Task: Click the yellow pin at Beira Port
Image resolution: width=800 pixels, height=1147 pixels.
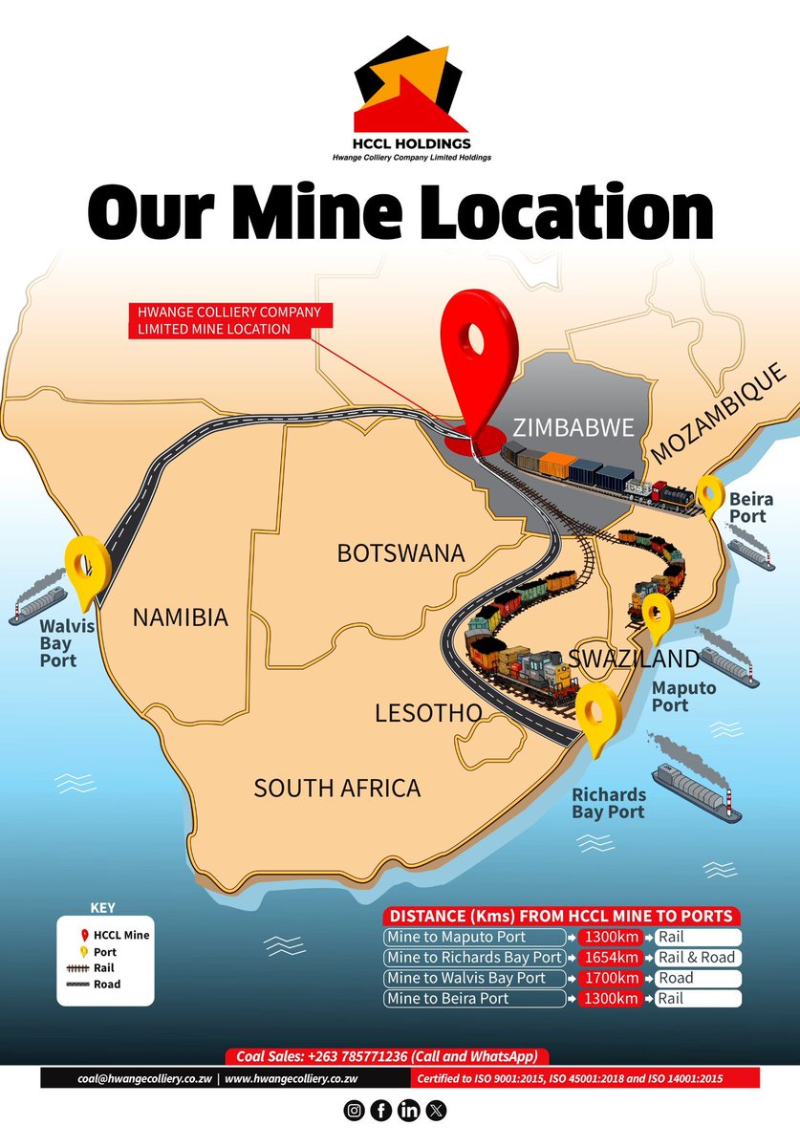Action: [x=710, y=495]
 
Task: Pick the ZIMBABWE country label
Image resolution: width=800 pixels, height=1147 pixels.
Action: [x=573, y=427]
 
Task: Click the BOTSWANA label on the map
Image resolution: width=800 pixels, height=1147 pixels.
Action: [x=400, y=553]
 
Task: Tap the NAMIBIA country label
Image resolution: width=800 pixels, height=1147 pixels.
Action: [x=180, y=617]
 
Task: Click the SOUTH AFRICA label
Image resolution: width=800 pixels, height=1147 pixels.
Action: [x=336, y=788]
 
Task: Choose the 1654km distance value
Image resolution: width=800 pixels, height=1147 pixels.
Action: [x=611, y=958]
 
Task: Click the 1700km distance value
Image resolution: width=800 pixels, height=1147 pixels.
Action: [x=611, y=978]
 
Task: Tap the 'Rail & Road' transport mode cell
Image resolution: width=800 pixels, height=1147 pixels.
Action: [x=697, y=958]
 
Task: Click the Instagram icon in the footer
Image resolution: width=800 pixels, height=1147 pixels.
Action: [x=354, y=1111]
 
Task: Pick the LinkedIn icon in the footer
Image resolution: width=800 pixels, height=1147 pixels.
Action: [x=408, y=1111]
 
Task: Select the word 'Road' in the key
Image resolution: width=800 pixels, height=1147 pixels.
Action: [x=107, y=984]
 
